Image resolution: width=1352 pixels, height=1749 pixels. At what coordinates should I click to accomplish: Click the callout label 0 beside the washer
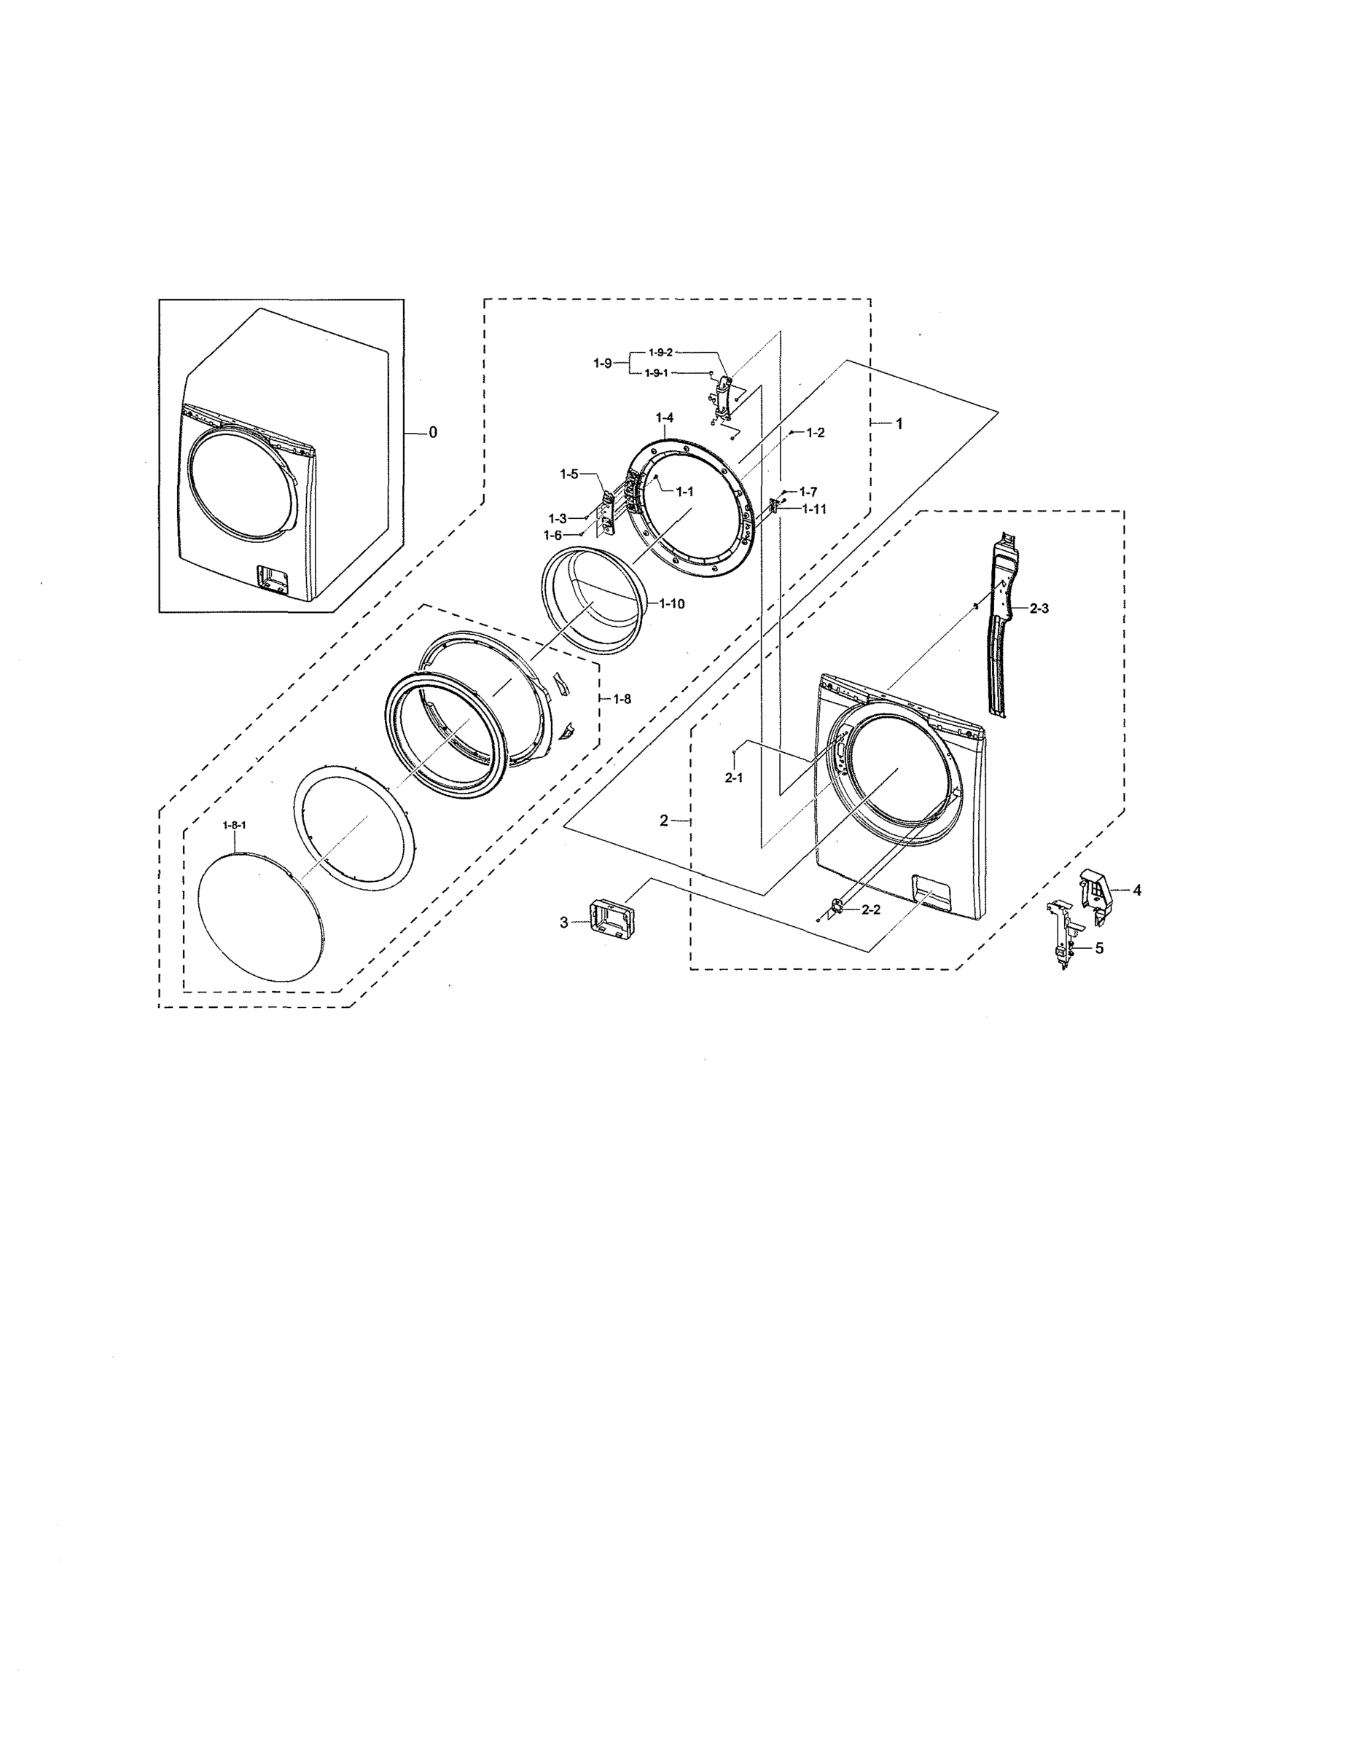click(432, 432)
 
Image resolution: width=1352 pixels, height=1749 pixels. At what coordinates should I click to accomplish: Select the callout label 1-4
click(664, 418)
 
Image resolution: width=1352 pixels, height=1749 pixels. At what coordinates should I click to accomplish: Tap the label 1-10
click(671, 604)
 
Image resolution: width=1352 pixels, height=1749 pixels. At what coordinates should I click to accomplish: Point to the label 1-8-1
click(234, 826)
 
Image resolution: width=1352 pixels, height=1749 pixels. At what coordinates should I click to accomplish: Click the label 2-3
click(1038, 609)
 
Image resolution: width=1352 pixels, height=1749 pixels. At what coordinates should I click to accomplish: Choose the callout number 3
click(563, 923)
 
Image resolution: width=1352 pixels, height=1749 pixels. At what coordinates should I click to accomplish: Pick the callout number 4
click(1136, 890)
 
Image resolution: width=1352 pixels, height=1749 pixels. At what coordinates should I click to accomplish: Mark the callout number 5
click(1099, 948)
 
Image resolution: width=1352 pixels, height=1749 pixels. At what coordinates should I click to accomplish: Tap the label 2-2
click(871, 909)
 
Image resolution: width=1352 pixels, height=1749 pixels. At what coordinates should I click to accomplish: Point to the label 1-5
click(568, 474)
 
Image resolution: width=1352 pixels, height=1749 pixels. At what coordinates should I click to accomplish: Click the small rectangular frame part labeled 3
click(610, 917)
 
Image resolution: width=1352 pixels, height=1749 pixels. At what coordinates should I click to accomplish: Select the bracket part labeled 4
click(1095, 889)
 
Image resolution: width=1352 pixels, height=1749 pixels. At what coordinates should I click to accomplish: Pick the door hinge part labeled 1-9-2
click(723, 398)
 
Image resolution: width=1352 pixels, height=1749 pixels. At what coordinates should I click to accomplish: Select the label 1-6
click(552, 535)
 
